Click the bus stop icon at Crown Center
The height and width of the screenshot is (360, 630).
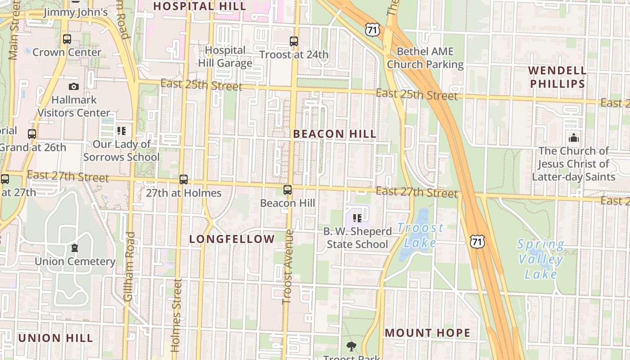67,39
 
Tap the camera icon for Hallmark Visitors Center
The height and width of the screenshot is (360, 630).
74,86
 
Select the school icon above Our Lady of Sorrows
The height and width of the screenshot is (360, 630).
121,131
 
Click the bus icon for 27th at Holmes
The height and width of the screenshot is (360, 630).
184,180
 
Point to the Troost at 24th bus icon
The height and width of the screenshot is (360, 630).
294,41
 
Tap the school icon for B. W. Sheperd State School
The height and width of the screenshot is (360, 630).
357,218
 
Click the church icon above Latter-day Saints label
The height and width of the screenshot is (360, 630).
574,138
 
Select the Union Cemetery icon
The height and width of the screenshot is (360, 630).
75,248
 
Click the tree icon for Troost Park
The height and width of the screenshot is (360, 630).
351,346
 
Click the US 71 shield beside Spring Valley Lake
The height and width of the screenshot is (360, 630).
477,242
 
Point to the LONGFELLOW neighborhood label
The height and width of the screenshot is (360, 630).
232,239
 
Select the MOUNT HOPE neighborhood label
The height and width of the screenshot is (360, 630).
427,333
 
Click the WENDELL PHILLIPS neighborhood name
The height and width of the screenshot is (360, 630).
558,77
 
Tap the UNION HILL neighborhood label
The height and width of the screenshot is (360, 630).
55,338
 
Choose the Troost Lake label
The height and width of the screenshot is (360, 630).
420,235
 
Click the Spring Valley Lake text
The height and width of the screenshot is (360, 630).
540,259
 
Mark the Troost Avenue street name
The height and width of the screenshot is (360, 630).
288,266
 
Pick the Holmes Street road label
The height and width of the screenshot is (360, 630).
176,315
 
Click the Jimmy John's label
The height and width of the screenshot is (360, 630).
76,12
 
